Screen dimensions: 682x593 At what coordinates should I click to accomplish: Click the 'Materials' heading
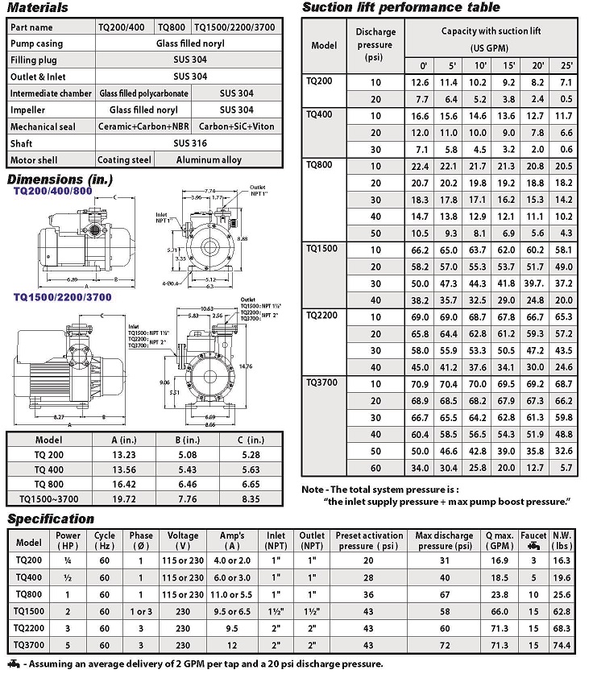(x=38, y=8)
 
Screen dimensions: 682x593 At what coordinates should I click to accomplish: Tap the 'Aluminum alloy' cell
(x=209, y=160)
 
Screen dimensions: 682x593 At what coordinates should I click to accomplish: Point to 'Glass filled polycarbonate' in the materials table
(x=143, y=93)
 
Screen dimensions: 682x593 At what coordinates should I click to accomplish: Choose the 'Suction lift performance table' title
(x=400, y=8)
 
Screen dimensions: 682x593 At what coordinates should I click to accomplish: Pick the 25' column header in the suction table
(x=566, y=65)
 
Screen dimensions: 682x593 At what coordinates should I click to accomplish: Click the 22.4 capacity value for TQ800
(x=420, y=166)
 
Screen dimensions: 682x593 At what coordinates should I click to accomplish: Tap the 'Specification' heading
(x=50, y=519)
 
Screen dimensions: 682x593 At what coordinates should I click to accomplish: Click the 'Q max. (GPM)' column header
(x=500, y=540)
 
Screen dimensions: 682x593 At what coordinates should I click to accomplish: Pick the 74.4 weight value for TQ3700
(x=562, y=646)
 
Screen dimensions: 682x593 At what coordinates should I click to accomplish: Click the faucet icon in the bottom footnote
(x=13, y=665)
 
